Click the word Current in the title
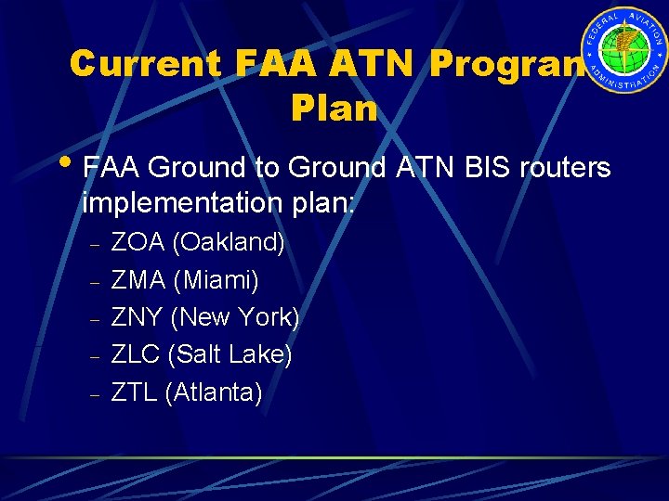click(145, 63)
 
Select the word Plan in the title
click(334, 109)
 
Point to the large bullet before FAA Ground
click(73, 165)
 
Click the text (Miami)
click(216, 279)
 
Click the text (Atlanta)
click(214, 392)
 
